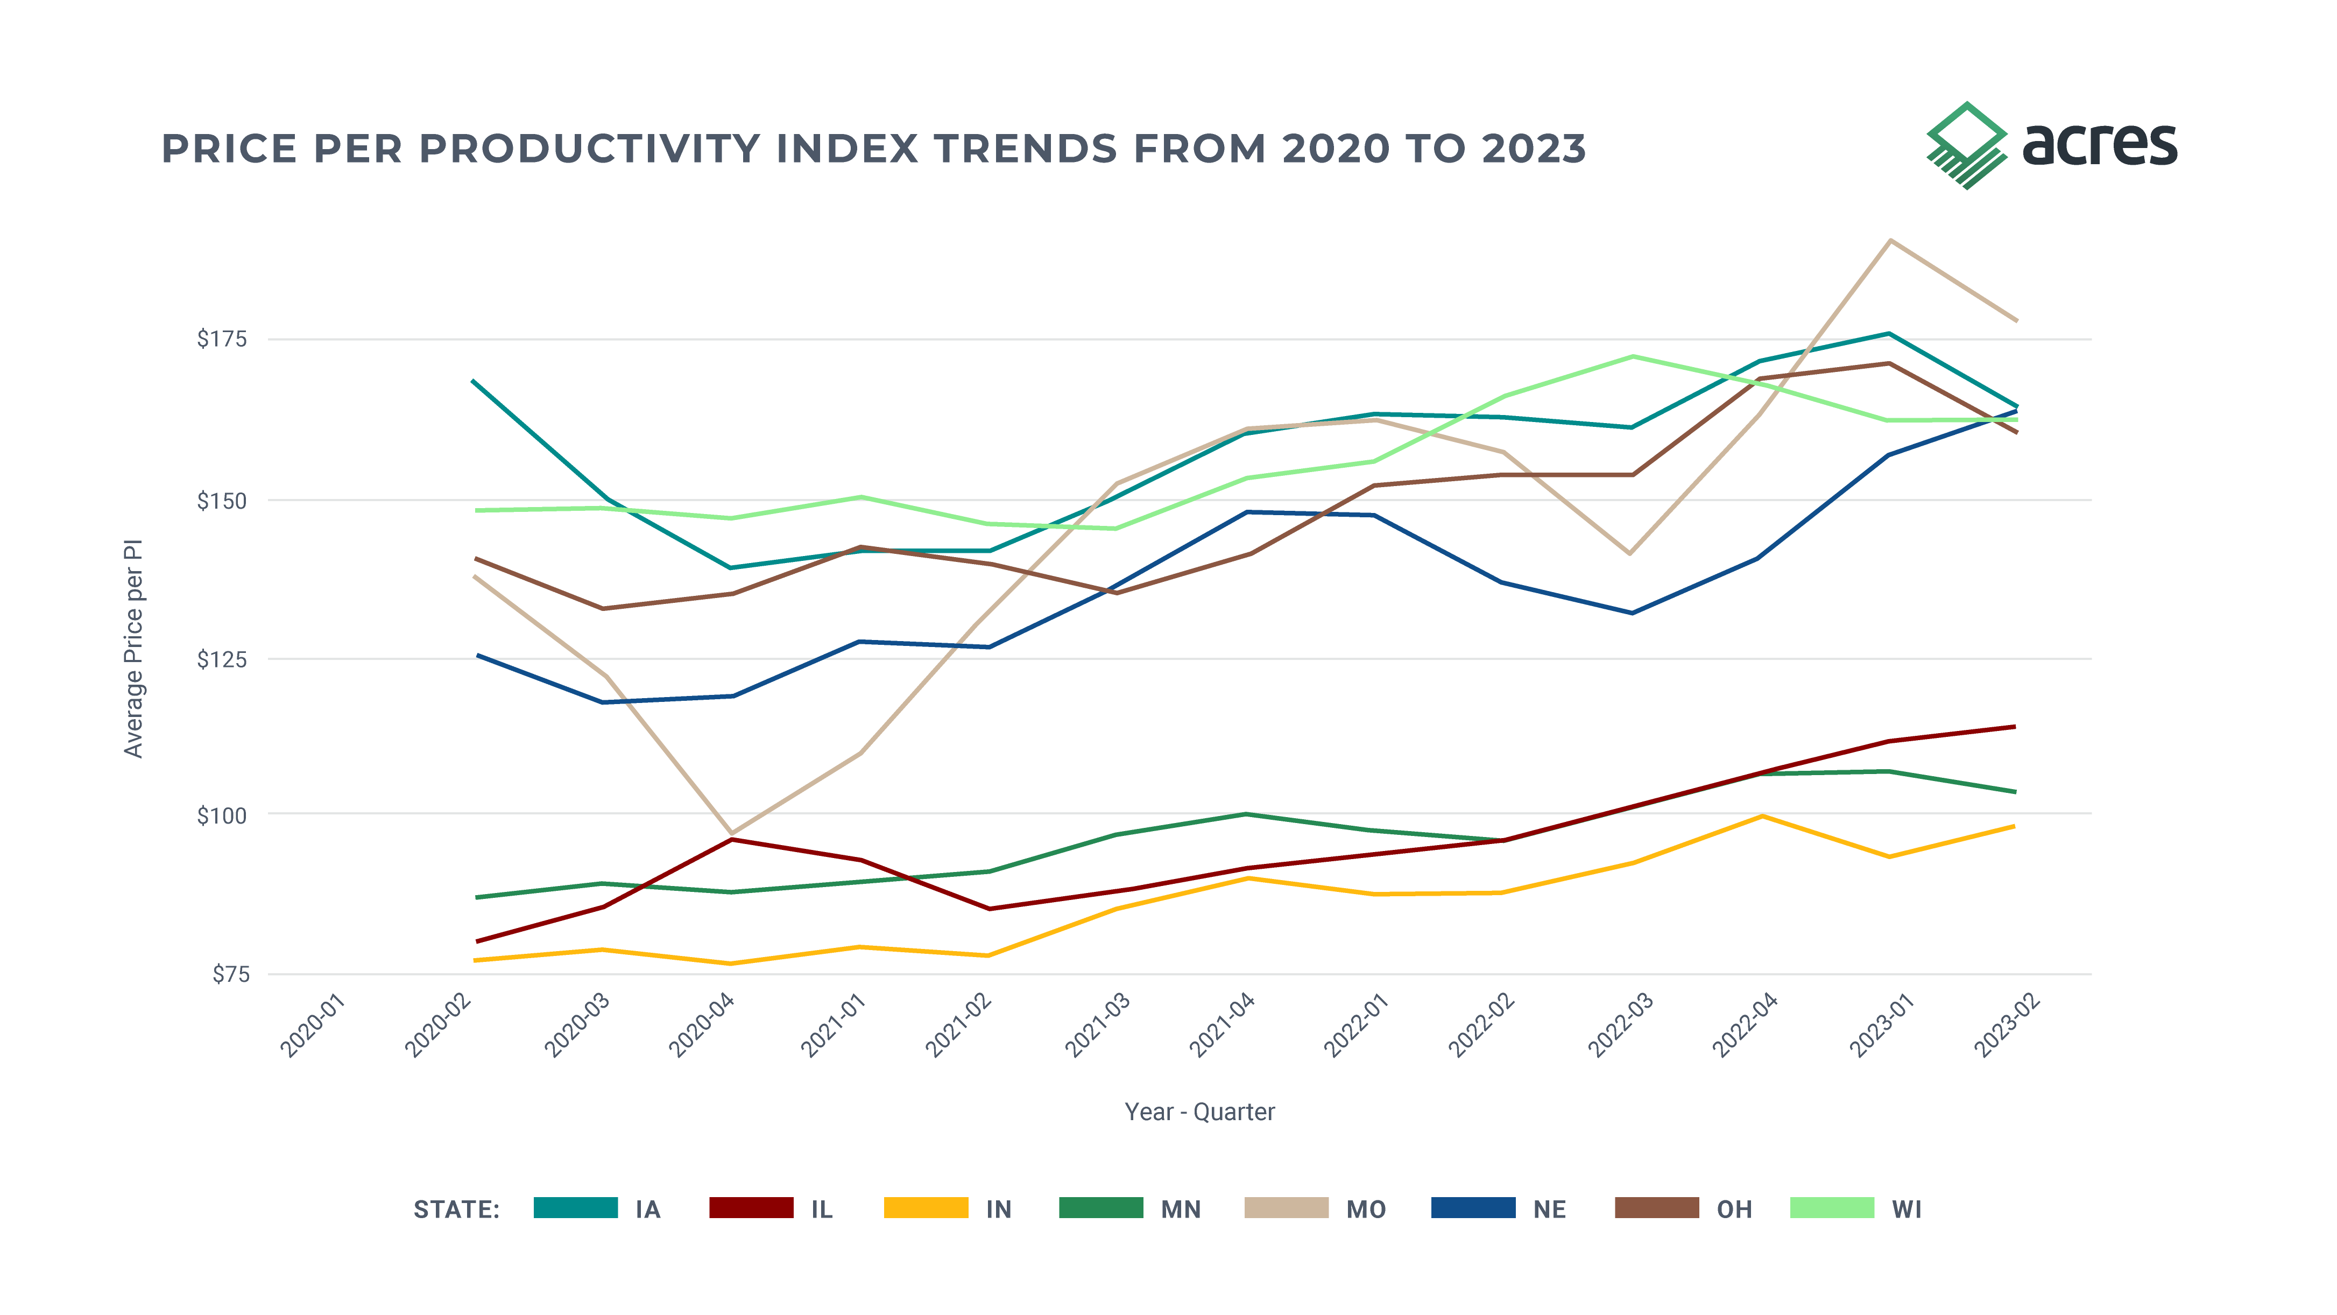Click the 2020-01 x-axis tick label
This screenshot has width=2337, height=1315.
click(314, 1025)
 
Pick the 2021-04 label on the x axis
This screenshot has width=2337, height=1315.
click(1223, 1025)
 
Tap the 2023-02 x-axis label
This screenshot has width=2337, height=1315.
click(2008, 1025)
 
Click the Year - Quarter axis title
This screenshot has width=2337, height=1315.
click(1199, 1112)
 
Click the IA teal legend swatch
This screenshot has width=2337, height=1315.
click(576, 1208)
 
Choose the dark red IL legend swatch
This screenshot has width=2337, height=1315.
click(751, 1208)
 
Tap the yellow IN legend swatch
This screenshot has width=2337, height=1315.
click(926, 1208)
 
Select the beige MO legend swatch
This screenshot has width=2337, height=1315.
click(1287, 1208)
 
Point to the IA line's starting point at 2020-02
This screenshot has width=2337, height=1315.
click(475, 381)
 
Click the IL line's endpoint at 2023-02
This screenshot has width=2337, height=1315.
click(2015, 726)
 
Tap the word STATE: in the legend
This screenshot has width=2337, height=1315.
click(456, 1209)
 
